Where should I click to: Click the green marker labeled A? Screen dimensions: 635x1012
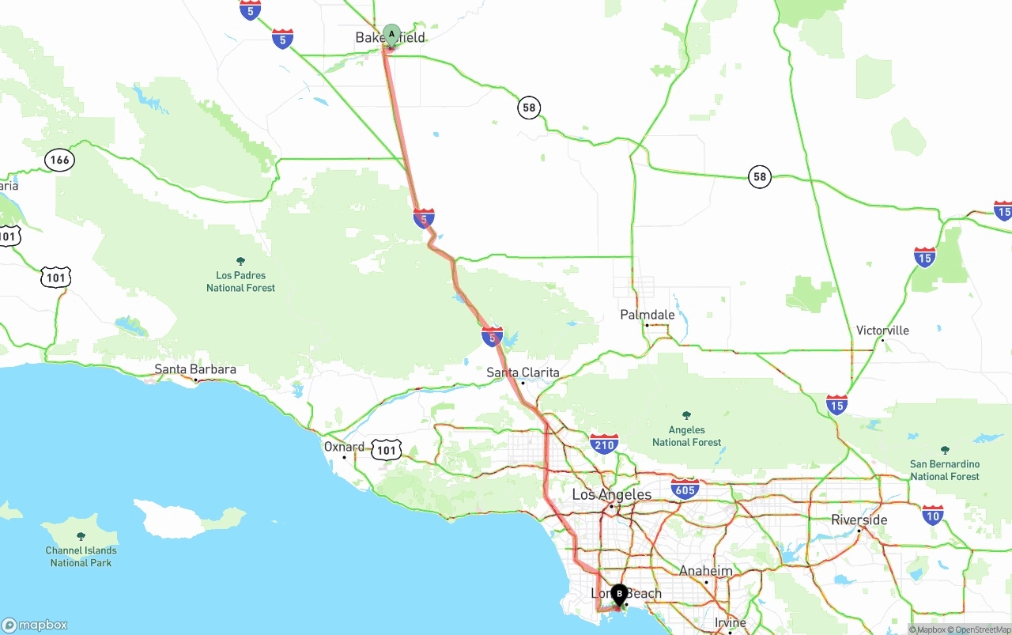pos(391,34)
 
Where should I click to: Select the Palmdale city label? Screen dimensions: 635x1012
pos(648,315)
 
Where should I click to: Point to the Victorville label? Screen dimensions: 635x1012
pos(882,331)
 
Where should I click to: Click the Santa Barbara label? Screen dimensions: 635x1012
pos(194,369)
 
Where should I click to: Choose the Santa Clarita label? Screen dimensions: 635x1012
pos(523,372)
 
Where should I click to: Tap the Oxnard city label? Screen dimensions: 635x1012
pos(344,447)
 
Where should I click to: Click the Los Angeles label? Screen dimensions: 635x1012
pos(611,495)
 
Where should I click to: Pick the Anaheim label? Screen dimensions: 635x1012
pos(705,571)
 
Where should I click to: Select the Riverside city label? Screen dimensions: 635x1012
pos(859,520)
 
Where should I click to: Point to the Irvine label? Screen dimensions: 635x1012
pos(730,623)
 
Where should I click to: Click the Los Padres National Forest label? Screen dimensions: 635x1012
pos(240,281)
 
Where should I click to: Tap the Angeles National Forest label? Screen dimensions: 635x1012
pos(686,436)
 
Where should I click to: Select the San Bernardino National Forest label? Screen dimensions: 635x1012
pos(944,470)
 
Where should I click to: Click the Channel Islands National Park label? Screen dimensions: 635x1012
pos(81,556)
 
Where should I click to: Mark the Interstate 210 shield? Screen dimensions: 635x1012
pos(603,444)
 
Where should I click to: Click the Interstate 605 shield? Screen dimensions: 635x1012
pos(685,488)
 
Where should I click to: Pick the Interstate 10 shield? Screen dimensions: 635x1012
pos(933,515)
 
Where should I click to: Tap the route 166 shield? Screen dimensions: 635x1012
pos(59,161)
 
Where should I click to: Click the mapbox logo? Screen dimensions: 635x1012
pos(35,625)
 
